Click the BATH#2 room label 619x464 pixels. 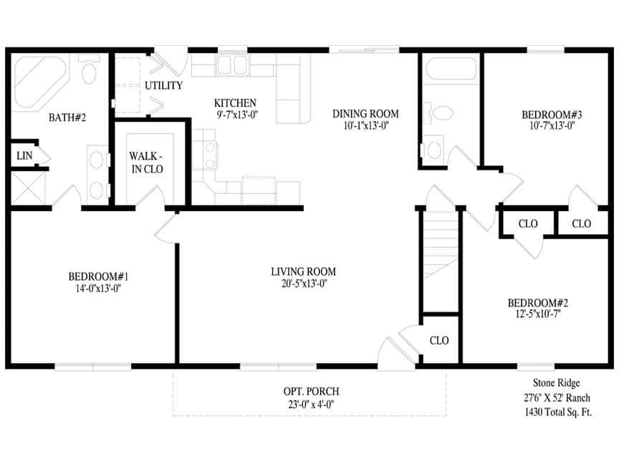[x=67, y=117]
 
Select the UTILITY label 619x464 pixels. [x=163, y=86]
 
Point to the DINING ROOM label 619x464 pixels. [x=365, y=114]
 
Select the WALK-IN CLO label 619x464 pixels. [x=146, y=163]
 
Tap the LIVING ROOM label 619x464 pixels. [x=303, y=272]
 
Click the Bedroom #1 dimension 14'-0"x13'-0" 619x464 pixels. [x=98, y=289]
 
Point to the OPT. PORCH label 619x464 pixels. [x=310, y=392]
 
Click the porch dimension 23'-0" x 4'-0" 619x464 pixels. [x=310, y=404]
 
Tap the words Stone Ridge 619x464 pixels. [x=556, y=383]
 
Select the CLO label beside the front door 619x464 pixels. [x=439, y=340]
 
